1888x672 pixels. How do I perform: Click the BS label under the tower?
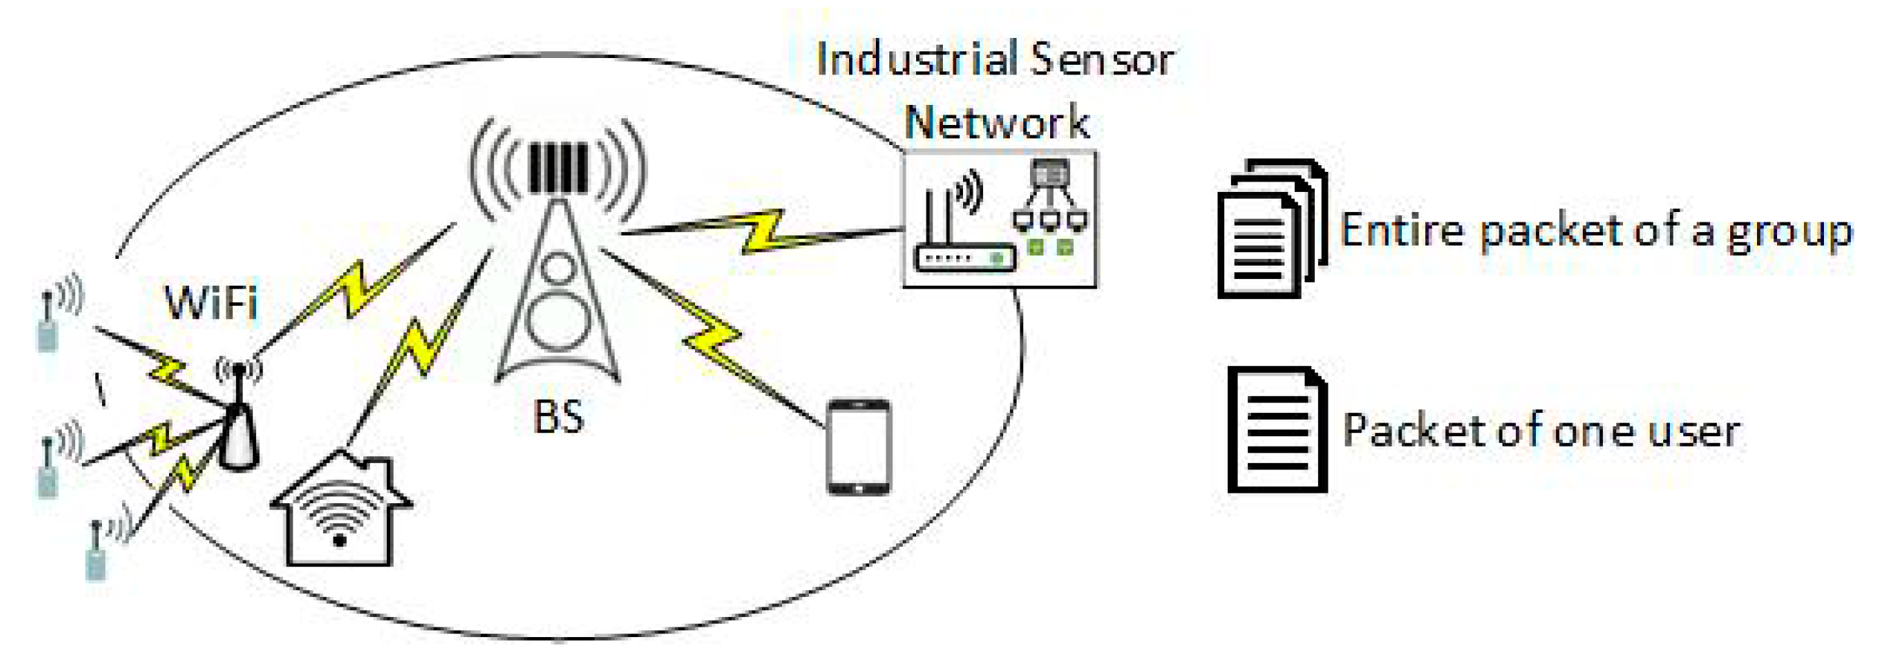(x=558, y=416)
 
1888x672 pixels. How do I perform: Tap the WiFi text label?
(x=211, y=303)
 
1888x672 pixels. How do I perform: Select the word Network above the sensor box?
(x=996, y=123)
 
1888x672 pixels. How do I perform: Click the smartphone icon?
(x=859, y=447)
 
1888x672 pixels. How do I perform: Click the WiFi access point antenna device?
(x=238, y=424)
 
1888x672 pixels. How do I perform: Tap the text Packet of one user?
(x=1540, y=431)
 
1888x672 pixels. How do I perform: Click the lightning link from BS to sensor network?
(x=763, y=232)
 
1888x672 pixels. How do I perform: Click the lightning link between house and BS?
(x=420, y=346)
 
